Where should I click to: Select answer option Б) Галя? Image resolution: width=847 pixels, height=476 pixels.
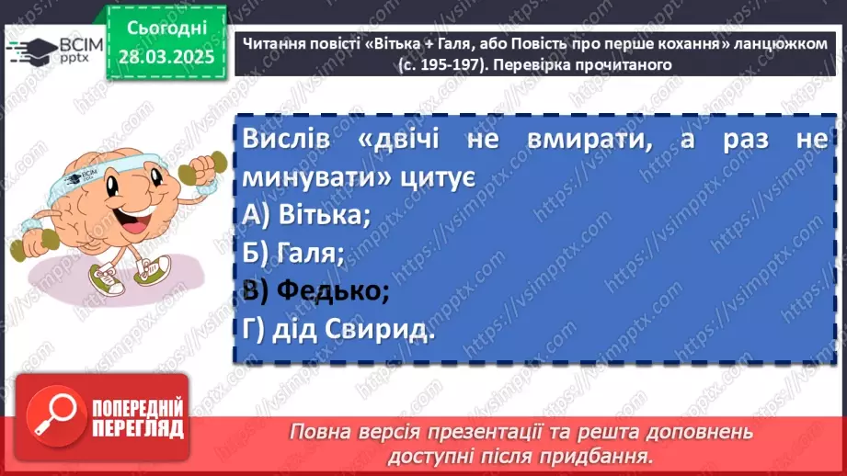click(x=294, y=253)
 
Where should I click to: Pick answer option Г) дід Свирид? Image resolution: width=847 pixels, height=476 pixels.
click(x=339, y=330)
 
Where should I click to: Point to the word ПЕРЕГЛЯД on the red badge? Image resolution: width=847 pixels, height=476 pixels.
click(x=136, y=428)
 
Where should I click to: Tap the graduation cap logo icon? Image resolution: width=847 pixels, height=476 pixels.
click(x=30, y=51)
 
